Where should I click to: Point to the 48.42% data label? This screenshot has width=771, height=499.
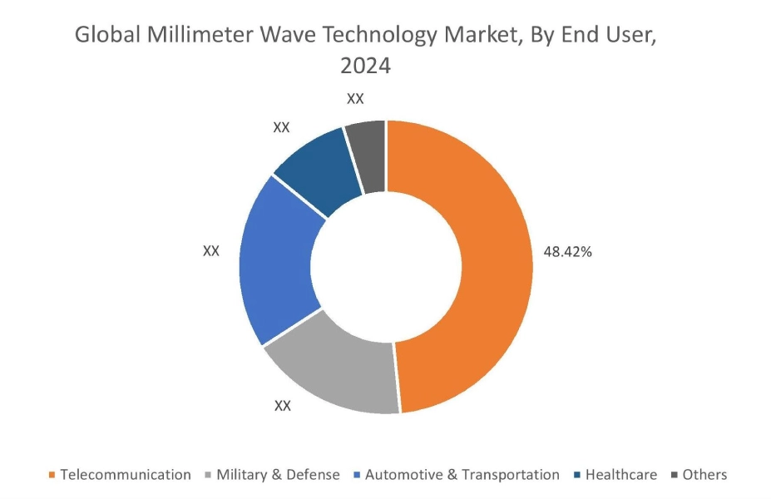click(x=567, y=252)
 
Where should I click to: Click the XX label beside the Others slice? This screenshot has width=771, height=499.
click(x=355, y=99)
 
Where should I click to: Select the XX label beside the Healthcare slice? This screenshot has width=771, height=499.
click(x=282, y=127)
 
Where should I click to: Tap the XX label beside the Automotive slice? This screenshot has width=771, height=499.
click(x=211, y=250)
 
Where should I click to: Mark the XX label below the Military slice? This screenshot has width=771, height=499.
click(x=283, y=406)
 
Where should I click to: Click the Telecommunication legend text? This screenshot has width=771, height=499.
click(x=126, y=475)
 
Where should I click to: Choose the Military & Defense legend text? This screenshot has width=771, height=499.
click(x=278, y=475)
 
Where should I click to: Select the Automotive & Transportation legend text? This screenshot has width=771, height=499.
click(x=462, y=475)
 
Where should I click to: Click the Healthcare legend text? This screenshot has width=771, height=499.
click(x=620, y=475)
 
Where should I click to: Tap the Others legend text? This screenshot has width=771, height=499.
click(x=704, y=475)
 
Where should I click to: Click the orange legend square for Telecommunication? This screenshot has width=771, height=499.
click(x=52, y=476)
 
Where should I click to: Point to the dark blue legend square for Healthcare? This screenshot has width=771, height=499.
click(x=577, y=476)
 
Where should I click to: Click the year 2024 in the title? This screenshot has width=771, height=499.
click(x=365, y=66)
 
